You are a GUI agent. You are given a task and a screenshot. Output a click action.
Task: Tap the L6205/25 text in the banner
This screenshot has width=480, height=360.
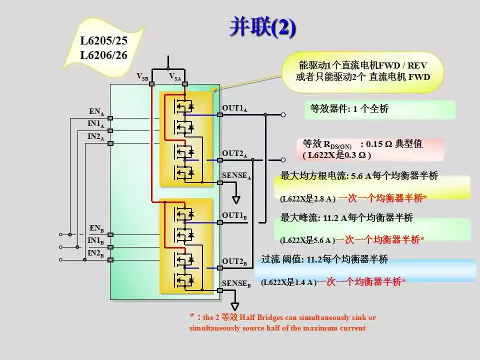pos(103,40)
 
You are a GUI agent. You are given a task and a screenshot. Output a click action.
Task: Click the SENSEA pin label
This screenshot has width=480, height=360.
pos(236,175)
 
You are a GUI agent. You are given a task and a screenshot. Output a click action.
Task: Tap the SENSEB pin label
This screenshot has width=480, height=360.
pos(236,283)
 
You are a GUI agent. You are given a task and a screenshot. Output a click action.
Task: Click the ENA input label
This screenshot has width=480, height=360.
pos(96,111)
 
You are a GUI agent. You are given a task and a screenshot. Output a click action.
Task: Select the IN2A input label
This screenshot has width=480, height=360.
pos(96,136)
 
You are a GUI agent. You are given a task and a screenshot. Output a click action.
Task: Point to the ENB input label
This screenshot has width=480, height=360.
pos(96,228)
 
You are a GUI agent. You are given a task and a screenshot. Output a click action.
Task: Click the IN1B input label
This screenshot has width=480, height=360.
pos(96,241)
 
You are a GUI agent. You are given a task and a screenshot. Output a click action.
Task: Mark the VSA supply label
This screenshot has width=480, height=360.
pos(175,76)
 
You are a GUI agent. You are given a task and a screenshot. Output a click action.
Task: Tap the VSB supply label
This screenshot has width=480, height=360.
pos(142,76)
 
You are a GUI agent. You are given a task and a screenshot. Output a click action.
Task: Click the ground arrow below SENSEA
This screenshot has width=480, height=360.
pos(236,199)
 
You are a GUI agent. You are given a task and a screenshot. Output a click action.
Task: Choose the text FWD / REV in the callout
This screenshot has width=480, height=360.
pos(403,65)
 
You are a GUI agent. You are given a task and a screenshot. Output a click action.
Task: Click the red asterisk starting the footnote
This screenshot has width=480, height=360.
pos(192,316)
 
